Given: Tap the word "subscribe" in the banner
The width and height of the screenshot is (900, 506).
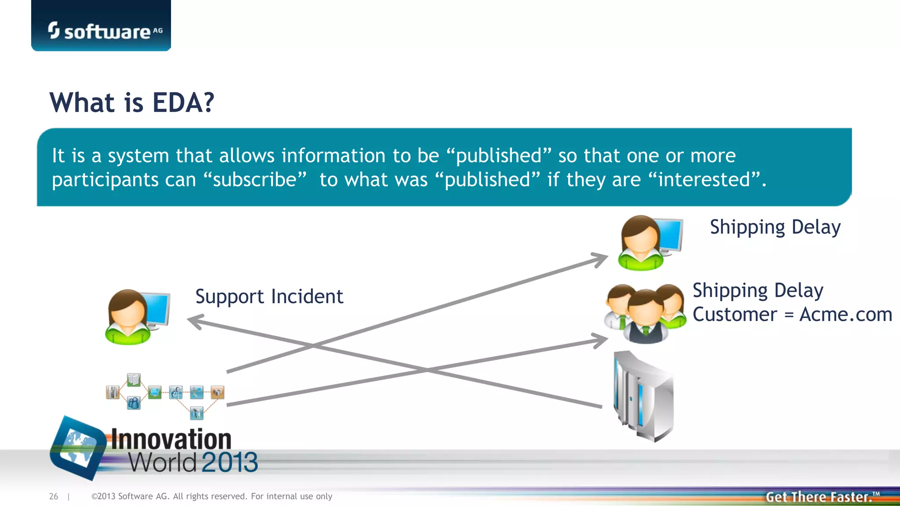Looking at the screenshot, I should [255, 180].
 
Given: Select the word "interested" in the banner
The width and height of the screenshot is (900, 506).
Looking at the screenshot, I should [704, 180].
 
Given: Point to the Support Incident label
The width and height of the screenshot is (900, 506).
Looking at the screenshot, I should [269, 296].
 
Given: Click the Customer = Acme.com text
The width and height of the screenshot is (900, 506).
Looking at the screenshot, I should [792, 314].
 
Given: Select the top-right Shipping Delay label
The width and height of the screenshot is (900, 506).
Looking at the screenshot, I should [775, 228].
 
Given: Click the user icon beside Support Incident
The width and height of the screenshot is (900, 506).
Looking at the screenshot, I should [136, 316].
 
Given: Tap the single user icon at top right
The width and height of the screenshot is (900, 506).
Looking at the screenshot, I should [649, 242].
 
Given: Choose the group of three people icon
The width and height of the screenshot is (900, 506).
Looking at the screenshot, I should [645, 313].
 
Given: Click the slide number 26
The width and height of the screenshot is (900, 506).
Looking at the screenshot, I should [54, 496].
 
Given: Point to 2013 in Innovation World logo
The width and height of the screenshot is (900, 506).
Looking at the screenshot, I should [230, 463].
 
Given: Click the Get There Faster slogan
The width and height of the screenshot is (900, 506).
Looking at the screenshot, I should [819, 497].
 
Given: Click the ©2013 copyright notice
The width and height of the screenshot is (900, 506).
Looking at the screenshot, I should [211, 496].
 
